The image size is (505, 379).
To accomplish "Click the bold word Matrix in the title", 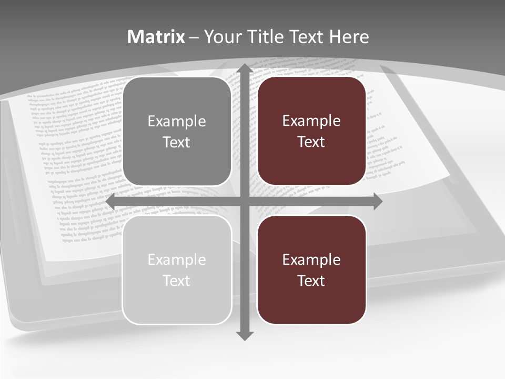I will pos(156,37).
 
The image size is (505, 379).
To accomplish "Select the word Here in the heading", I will pos(349,37).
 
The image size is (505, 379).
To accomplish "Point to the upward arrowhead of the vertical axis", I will pos(245,68).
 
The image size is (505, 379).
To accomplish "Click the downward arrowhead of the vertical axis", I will pos(245,335).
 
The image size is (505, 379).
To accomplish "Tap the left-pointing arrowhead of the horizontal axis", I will pos(111,202).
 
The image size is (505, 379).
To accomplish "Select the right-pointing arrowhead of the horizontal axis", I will pos(377,202).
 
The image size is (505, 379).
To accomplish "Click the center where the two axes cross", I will pos(245,202).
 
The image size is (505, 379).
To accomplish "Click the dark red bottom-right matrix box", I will pos(311,303).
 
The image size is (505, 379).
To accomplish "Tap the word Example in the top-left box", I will pos(177,122).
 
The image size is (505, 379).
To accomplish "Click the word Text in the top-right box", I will pos(311,142).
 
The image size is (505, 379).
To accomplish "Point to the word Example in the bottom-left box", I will pos(177,260).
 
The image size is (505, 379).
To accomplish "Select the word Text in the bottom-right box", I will pos(311,281).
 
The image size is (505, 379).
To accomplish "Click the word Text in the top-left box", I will pos(177,142).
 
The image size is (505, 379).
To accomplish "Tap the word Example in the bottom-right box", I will pos(311,260).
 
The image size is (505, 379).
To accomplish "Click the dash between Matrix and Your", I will pos(194,37).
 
